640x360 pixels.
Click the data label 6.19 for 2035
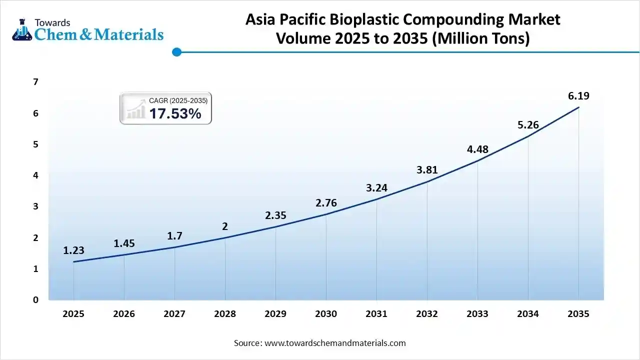point(578,96)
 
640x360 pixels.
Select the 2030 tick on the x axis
point(326,314)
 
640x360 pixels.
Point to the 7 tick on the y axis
point(35,82)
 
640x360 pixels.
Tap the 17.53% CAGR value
point(175,114)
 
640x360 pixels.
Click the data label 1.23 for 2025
point(73,251)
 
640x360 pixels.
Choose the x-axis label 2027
point(174,314)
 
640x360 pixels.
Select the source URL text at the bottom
point(334,343)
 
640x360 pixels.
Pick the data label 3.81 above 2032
point(427,170)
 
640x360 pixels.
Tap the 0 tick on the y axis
point(35,300)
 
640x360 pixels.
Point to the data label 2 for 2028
point(225,226)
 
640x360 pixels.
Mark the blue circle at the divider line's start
point(176,51)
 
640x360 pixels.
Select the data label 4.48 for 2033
point(477,149)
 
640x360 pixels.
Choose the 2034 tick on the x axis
point(528,314)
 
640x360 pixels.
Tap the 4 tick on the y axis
point(35,175)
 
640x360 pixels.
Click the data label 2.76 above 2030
point(326,203)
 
